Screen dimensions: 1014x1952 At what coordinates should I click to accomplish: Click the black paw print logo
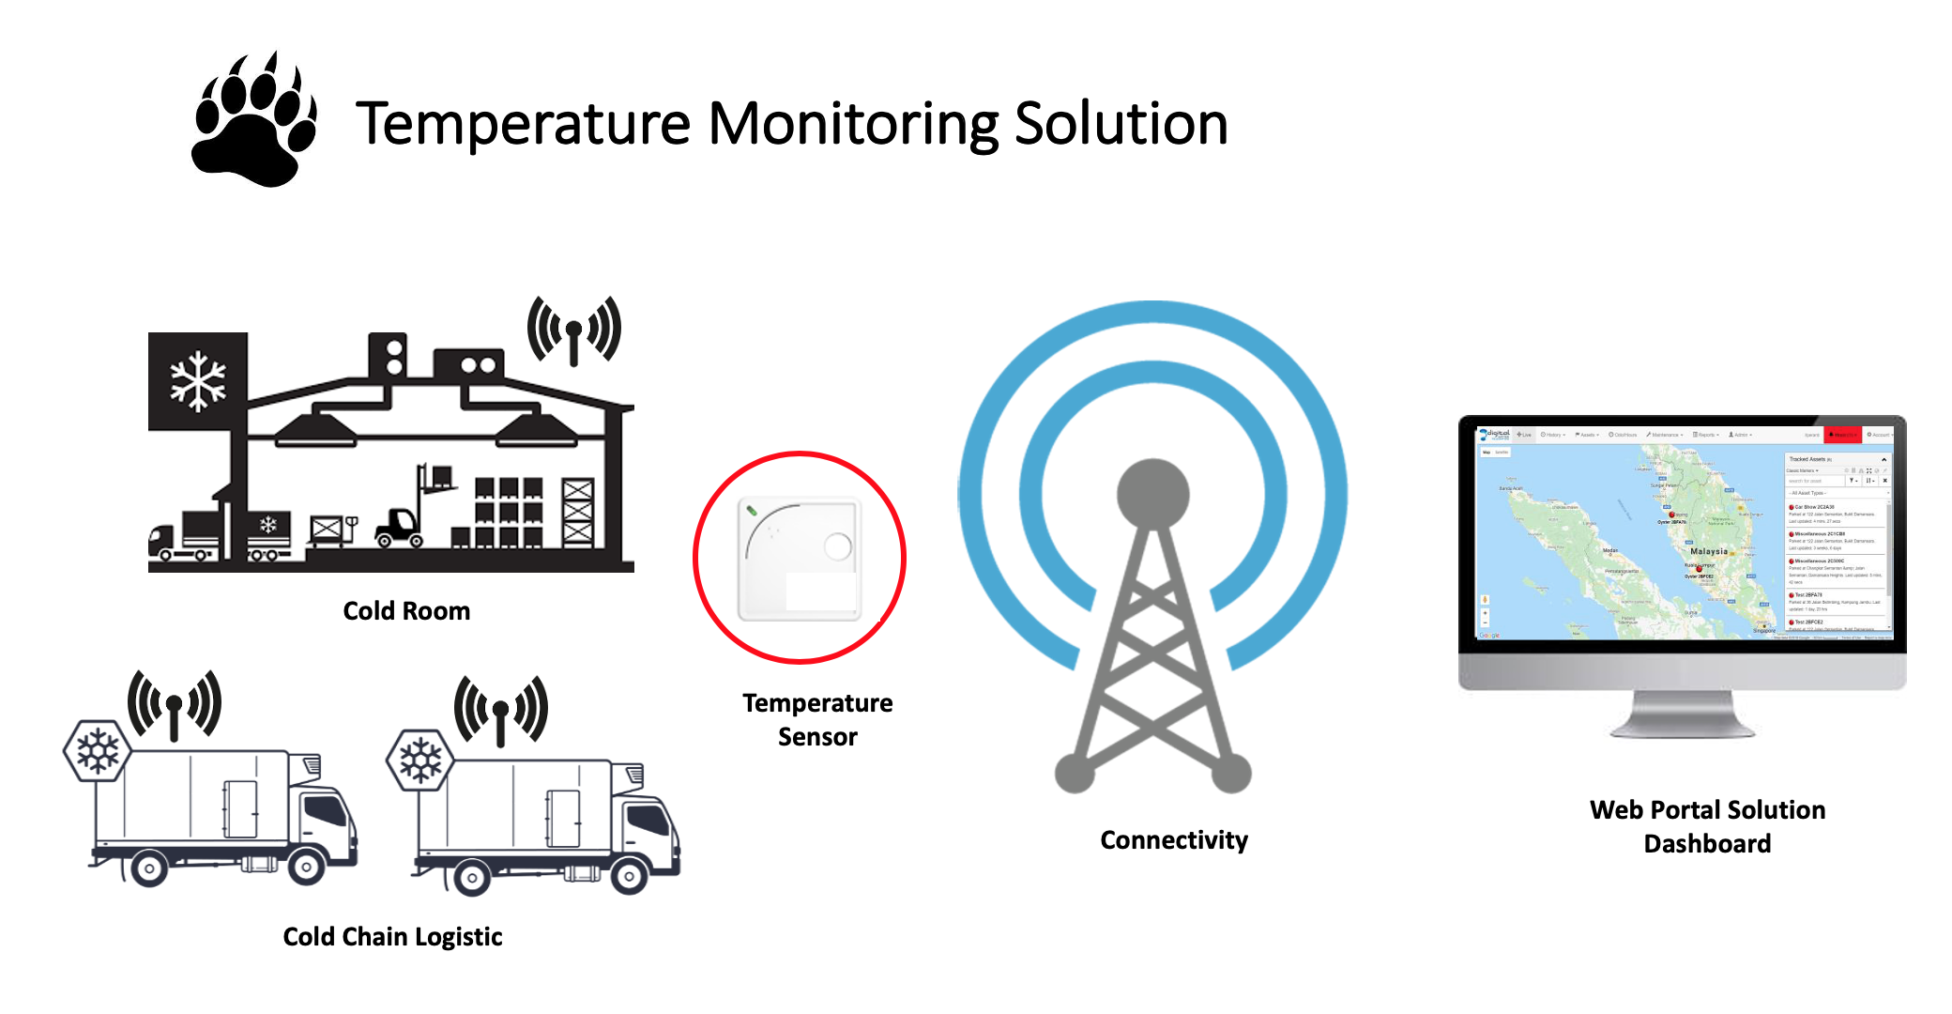coord(252,122)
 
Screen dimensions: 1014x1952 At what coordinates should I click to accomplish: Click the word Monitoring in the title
coord(852,124)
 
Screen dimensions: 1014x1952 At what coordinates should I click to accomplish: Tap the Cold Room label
coord(406,611)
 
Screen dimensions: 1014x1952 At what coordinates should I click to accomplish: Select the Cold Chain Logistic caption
coord(392,937)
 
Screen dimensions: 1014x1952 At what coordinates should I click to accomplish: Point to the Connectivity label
coord(1174,840)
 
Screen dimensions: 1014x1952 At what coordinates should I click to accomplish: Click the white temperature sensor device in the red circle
coord(800,560)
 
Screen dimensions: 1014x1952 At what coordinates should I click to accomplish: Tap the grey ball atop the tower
coord(1153,494)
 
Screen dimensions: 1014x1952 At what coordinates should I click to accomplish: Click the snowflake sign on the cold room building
coord(198,381)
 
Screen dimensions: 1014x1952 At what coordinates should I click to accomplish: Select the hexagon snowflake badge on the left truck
coord(97,751)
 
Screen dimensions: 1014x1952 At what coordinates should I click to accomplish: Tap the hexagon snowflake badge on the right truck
coord(419,760)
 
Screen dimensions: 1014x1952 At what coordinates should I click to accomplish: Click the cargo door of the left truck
coord(240,808)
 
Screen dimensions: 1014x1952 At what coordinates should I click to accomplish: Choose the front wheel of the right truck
coord(628,877)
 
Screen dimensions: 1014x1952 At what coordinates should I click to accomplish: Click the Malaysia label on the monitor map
coord(1708,551)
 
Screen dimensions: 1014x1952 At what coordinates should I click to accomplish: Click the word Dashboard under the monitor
coord(1707,844)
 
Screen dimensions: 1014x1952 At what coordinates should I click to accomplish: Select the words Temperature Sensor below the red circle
coord(817,720)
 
